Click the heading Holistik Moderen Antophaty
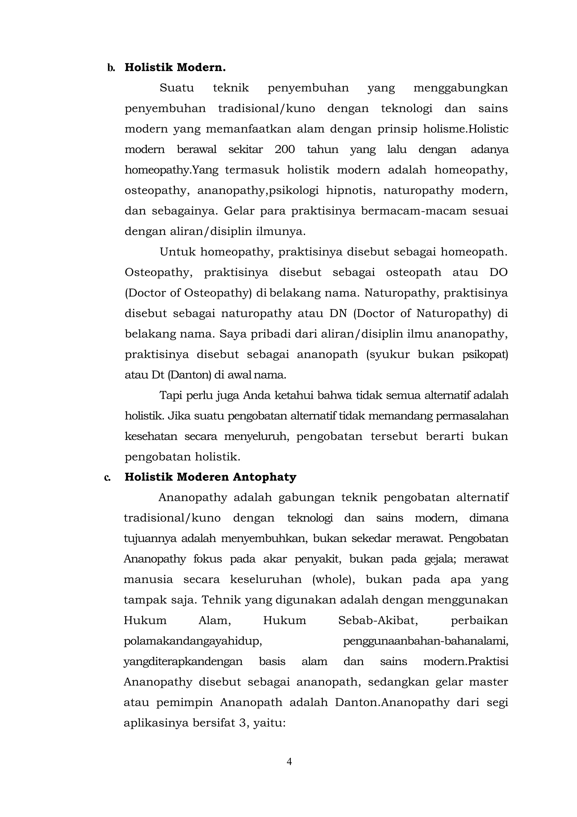[210, 477]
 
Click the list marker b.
[111, 68]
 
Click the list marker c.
[107, 477]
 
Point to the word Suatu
[177, 88]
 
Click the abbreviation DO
[498, 272]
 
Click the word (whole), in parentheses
[334, 579]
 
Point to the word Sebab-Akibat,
[378, 620]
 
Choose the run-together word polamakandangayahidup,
[193, 641]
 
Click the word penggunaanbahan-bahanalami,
[425, 641]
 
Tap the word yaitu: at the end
[269, 723]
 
